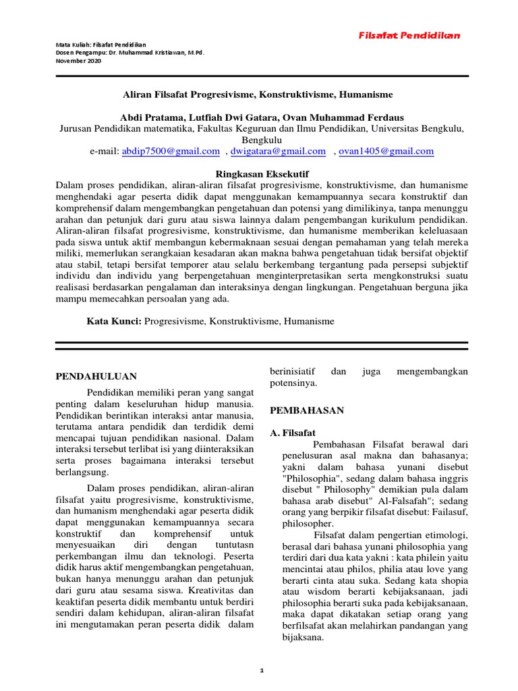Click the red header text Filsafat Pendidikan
coord(418,34)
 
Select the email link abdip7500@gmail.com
coord(171,151)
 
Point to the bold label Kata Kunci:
coord(113,322)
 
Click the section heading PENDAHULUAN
coord(96,376)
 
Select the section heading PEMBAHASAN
coord(307,410)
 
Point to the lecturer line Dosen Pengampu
coord(129,53)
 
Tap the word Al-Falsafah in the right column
coord(397,500)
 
